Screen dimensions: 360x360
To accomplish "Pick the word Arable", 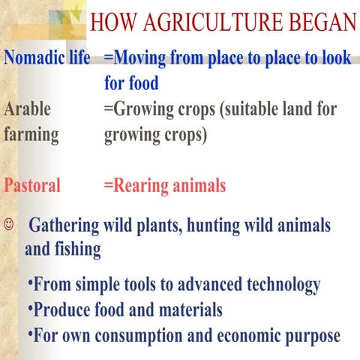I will [x=28, y=109].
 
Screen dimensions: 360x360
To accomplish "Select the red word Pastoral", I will [x=32, y=185].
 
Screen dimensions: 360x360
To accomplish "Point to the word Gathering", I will [x=67, y=226].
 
